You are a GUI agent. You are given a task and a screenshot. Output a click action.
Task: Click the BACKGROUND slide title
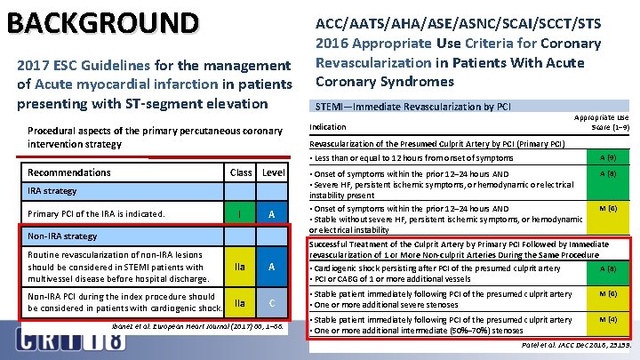[103, 22]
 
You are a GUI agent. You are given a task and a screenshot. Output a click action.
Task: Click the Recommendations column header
[69, 172]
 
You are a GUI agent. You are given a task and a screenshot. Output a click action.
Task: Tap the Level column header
[274, 172]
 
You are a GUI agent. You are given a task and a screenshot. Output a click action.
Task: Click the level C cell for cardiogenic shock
[274, 303]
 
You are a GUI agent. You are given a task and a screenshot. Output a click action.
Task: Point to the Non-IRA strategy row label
[62, 236]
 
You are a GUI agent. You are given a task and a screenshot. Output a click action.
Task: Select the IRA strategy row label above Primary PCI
[52, 190]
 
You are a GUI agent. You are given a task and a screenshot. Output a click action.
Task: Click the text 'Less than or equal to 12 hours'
[372, 157]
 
